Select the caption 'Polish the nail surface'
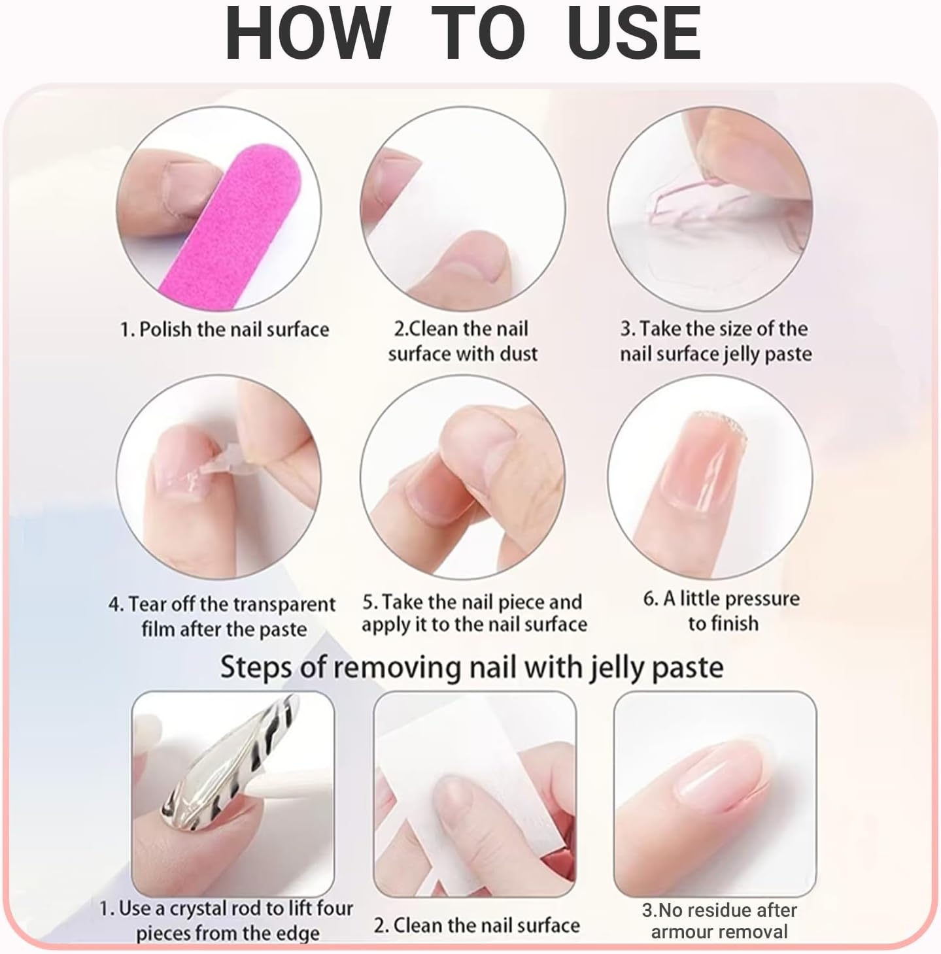coord(224,329)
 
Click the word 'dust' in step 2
coord(516,354)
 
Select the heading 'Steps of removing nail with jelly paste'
coord(471,667)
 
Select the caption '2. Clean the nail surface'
coord(477,925)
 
